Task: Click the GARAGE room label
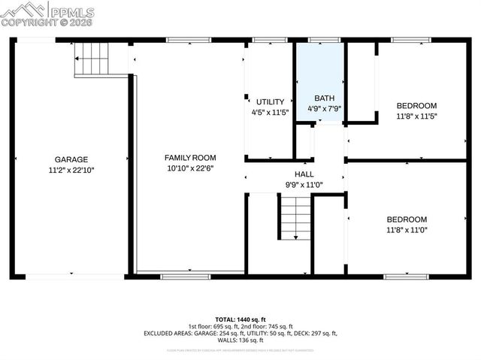click(71, 159)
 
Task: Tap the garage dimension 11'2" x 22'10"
click(71, 170)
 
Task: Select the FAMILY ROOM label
click(190, 157)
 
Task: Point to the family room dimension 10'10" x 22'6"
click(190, 168)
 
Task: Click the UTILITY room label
click(270, 101)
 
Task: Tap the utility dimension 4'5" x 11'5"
click(270, 112)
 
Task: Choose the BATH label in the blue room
click(325, 98)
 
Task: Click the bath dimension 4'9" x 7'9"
click(325, 108)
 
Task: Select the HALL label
click(304, 174)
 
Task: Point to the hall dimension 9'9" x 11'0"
click(304, 184)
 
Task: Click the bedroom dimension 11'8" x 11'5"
click(416, 116)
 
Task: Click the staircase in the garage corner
click(92, 59)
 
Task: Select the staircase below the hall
click(295, 216)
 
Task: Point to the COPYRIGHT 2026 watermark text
click(48, 23)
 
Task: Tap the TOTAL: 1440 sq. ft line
click(240, 319)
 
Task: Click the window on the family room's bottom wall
click(186, 276)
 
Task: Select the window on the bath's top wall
click(324, 40)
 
